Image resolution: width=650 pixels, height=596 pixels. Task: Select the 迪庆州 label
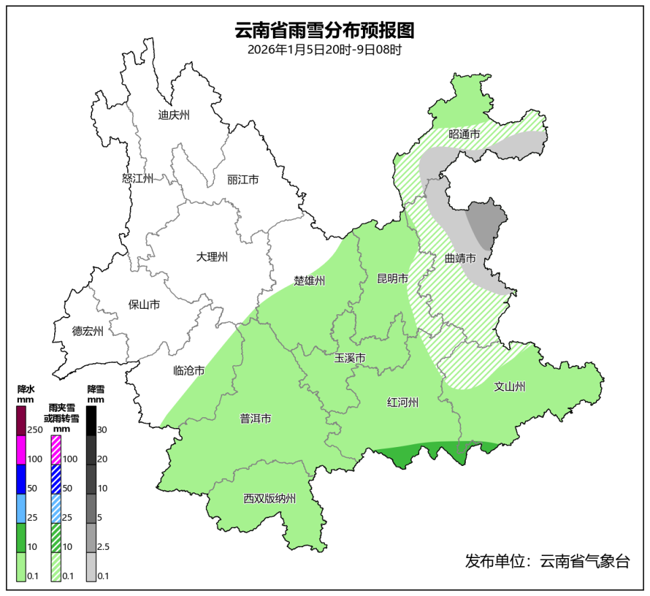[x=174, y=114]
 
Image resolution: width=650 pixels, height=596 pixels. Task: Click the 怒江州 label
[x=137, y=179]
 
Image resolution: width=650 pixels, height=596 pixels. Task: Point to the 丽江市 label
[x=243, y=180]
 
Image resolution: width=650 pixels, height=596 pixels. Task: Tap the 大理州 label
[x=212, y=257]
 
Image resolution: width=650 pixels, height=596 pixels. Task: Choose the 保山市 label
[x=144, y=305]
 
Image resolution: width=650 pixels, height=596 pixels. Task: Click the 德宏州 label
[x=88, y=331]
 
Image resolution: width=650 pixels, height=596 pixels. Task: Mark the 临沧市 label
[x=189, y=370]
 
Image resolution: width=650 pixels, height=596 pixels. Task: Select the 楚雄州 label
[x=309, y=280]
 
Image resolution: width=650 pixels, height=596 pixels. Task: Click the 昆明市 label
[x=393, y=278]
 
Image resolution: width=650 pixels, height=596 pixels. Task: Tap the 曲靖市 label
[x=460, y=259]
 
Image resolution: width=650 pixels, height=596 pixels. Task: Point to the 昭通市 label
[x=464, y=135]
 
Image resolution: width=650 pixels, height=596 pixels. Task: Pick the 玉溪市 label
[x=350, y=358]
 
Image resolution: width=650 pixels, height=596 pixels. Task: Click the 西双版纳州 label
[x=270, y=499]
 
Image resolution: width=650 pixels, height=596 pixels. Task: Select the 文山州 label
[x=510, y=387]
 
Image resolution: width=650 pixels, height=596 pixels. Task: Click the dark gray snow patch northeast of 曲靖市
[x=485, y=223]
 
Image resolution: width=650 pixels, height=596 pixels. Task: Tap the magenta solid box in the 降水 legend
[x=21, y=450]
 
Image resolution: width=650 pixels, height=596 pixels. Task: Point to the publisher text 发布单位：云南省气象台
[x=547, y=561]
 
